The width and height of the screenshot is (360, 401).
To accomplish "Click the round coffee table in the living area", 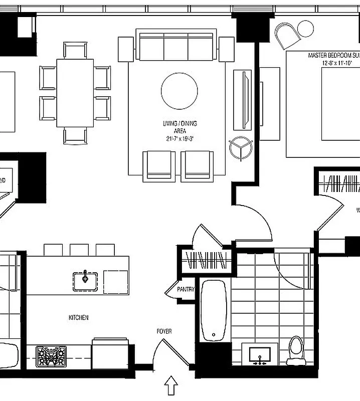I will click(x=179, y=91).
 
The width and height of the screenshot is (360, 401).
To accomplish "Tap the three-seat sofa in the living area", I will click(x=176, y=47).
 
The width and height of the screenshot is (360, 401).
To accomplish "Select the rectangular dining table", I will click(x=75, y=93).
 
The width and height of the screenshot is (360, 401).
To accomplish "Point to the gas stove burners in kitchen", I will click(x=51, y=356).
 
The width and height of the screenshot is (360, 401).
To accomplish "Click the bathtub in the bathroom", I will click(x=214, y=310).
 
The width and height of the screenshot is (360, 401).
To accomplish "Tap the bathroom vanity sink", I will click(x=260, y=355).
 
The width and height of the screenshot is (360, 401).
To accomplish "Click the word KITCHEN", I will click(x=79, y=317).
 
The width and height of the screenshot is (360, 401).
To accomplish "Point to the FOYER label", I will click(x=164, y=331).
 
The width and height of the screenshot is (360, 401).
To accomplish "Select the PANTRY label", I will click(x=186, y=289).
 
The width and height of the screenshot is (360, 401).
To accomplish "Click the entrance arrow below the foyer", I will click(x=171, y=386).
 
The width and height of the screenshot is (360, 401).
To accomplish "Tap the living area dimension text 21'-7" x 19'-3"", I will click(x=179, y=139).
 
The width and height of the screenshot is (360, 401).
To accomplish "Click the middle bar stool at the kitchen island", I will click(x=79, y=250).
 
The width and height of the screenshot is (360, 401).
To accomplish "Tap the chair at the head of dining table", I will click(x=75, y=50).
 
